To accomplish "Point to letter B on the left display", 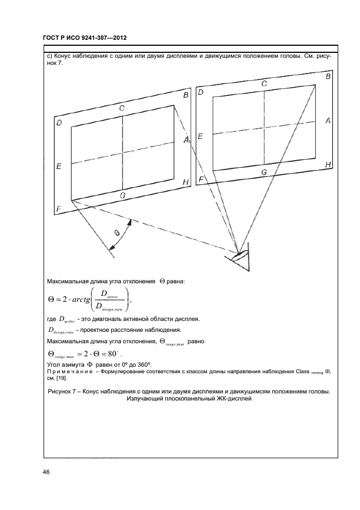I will (186, 96).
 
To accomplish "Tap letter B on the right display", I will (328, 77).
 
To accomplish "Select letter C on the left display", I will (123, 108).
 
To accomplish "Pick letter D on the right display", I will (200, 92).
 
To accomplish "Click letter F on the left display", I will (58, 209).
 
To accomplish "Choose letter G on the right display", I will (264, 172).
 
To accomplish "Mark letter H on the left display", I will (186, 182).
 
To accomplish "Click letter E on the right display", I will (200, 137).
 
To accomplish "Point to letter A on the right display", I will (328, 121).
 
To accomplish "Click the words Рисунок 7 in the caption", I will (65, 392).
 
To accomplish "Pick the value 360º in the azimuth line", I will (143, 364).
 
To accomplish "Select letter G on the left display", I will (123, 195).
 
